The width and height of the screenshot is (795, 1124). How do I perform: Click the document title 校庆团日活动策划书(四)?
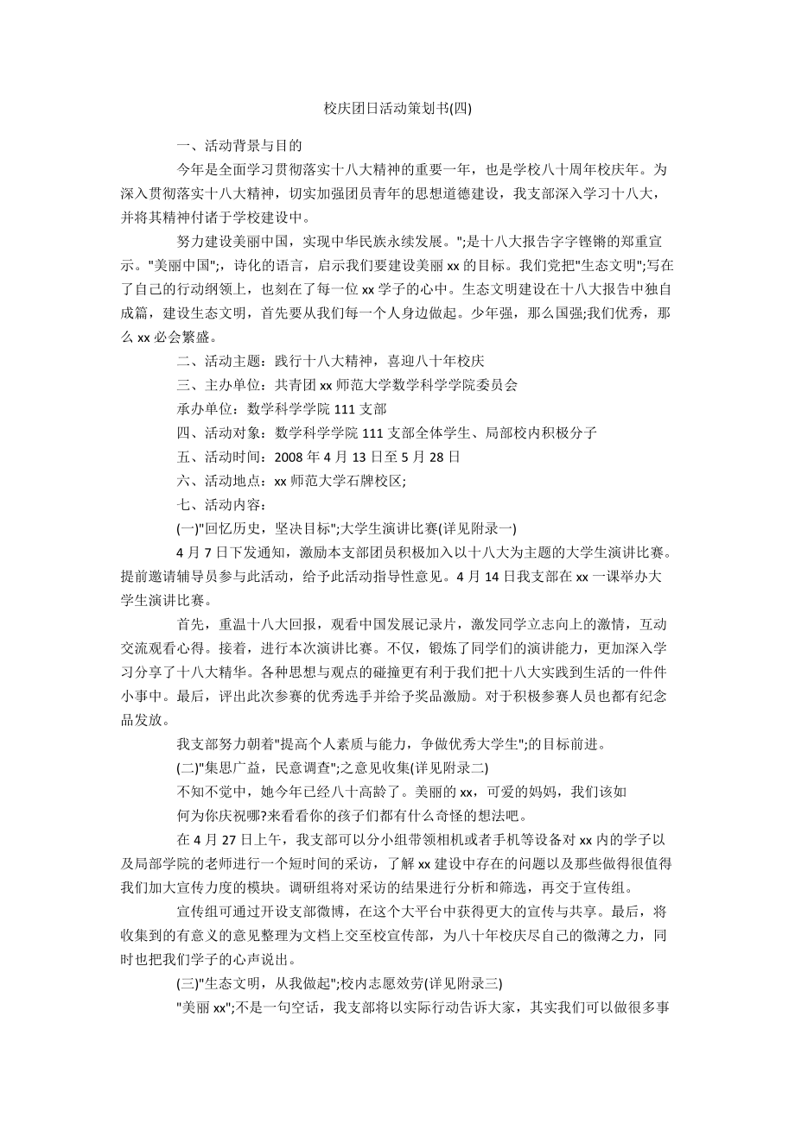397,108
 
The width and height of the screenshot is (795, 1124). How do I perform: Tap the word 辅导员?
222,575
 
